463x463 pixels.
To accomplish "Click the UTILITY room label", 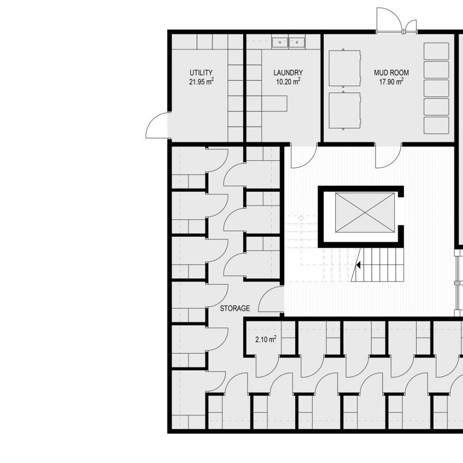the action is pyautogui.click(x=201, y=73).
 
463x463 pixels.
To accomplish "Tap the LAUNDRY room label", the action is pyautogui.click(x=288, y=73).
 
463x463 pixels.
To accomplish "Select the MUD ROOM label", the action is pyautogui.click(x=391, y=73).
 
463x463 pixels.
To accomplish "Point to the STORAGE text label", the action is pyautogui.click(x=235, y=308).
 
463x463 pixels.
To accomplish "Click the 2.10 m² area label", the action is pyautogui.click(x=266, y=339).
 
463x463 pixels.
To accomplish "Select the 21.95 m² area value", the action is pyautogui.click(x=201, y=81).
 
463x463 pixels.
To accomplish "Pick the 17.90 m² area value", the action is pyautogui.click(x=391, y=81).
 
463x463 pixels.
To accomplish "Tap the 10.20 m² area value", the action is pyautogui.click(x=288, y=81).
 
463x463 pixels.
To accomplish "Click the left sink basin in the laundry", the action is pyautogui.click(x=280, y=42).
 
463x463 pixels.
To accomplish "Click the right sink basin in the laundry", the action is pyautogui.click(x=297, y=42).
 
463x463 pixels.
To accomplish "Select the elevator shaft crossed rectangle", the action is pyautogui.click(x=365, y=212).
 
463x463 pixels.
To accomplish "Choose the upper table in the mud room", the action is pyautogui.click(x=344, y=68).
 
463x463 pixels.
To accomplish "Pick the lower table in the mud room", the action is pyautogui.click(x=344, y=111).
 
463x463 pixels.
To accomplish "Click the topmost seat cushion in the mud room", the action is pyautogui.click(x=437, y=51).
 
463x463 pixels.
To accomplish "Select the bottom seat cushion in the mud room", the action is pyautogui.click(x=437, y=125).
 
